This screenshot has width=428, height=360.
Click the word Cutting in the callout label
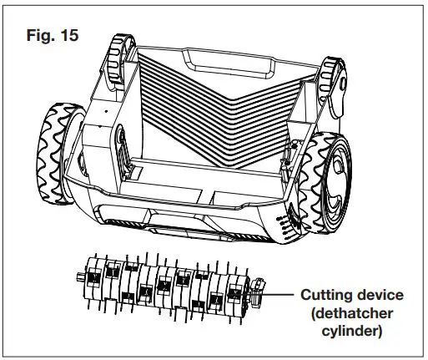(x=326, y=296)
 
